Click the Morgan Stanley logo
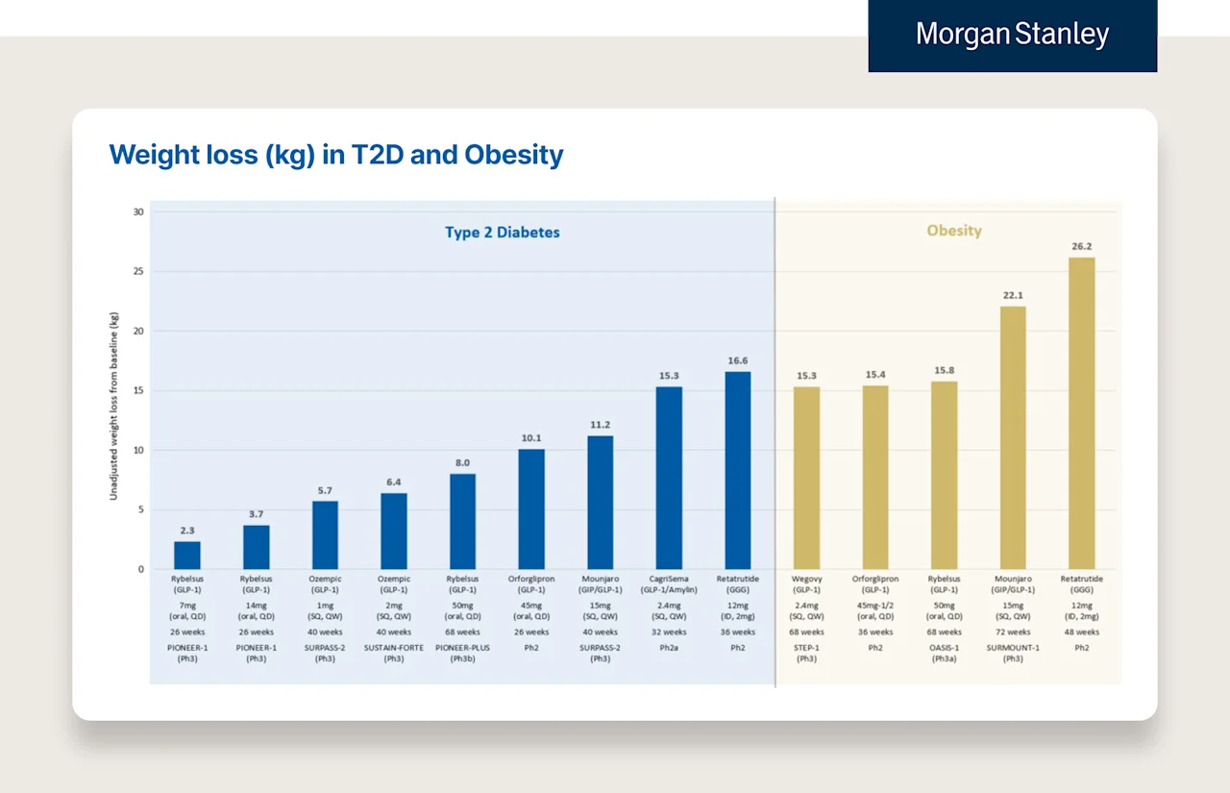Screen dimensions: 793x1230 1012,36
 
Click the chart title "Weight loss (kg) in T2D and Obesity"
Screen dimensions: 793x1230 336,155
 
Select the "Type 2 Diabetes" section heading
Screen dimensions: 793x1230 502,233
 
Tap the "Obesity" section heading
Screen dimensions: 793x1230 954,231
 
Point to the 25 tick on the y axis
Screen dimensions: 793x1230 138,272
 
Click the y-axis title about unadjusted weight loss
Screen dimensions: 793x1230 113,405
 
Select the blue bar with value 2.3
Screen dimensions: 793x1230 187,556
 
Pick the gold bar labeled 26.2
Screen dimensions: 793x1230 1081,413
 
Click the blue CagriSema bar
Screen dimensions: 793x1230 669,478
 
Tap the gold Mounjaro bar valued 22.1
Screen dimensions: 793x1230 1012,437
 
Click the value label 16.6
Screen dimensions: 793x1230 738,360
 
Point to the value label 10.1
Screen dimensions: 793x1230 531,438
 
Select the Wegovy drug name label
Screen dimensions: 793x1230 806,580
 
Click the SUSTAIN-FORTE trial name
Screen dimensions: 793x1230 393,648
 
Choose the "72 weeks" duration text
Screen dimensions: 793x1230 1012,632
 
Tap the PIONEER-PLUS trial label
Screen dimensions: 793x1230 462,648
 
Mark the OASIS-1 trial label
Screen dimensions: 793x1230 944,648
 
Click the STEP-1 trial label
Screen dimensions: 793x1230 806,648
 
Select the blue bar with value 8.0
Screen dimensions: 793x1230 462,521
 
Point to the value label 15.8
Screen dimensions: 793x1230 944,370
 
